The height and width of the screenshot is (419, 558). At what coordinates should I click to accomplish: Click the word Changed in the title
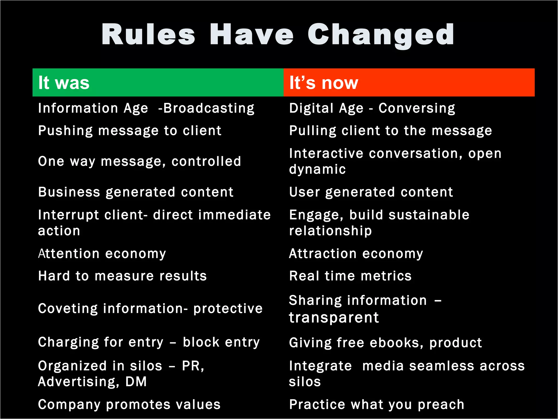coord(381,35)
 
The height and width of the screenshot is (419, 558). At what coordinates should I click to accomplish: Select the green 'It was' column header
coord(158,82)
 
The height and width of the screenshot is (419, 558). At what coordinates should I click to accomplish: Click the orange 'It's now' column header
coord(409,82)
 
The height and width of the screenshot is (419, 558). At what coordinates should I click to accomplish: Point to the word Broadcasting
coord(209,108)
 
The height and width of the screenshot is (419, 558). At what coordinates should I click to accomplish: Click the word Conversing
coord(417,108)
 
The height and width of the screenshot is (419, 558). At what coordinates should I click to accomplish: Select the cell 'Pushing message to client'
coord(130,131)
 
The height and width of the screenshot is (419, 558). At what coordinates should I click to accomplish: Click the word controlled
coord(206,161)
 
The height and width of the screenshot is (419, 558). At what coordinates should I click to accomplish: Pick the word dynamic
coord(317,169)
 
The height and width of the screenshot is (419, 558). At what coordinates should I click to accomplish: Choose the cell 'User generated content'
coord(371,192)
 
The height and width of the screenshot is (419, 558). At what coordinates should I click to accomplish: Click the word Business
coord(69,192)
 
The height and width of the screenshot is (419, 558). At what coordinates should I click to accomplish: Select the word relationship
coord(330,231)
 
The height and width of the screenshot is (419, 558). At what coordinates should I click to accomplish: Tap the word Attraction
coord(323,254)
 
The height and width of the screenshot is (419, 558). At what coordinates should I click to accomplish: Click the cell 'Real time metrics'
coord(350,276)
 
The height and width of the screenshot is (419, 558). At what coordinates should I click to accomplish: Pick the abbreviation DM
coord(136,382)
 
